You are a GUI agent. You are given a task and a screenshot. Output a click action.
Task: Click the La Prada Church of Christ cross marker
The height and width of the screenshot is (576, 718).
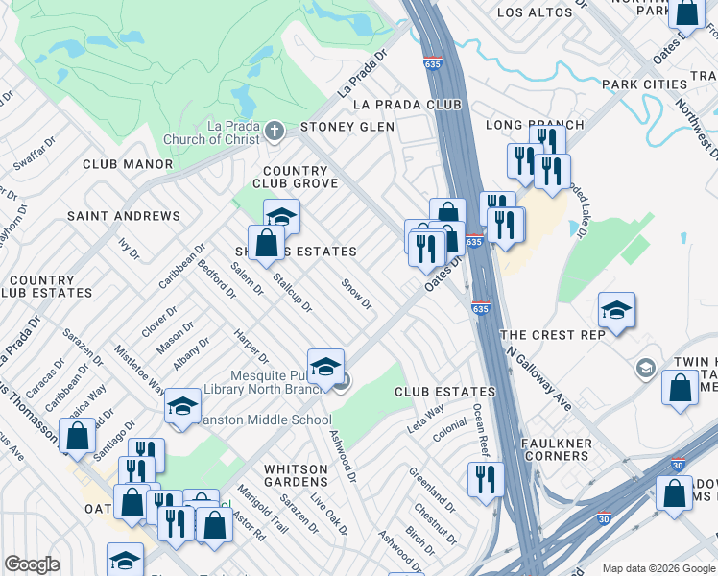[x=274, y=130]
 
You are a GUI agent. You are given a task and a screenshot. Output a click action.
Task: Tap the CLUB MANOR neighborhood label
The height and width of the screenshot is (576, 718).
[x=128, y=164]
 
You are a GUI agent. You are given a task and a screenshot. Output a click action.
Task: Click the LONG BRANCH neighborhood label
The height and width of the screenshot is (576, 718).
[x=535, y=126]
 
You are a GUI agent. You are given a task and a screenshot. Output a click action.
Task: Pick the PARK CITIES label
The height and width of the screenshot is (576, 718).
[x=645, y=84]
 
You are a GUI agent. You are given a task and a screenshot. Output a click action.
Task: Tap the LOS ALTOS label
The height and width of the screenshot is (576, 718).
[x=535, y=12]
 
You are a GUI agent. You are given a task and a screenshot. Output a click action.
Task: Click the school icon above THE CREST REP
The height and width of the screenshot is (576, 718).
[x=616, y=309]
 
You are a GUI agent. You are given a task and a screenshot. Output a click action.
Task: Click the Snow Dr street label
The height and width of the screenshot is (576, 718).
[x=356, y=295]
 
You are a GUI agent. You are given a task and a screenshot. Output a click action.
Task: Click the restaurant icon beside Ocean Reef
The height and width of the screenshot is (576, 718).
[x=486, y=477]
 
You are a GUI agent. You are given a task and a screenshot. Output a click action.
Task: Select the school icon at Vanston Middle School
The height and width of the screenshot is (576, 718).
[x=182, y=406]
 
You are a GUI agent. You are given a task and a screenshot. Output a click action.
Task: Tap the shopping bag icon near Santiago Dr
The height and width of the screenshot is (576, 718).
[x=77, y=436]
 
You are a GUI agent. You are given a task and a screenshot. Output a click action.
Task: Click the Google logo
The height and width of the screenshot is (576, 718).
[x=33, y=564]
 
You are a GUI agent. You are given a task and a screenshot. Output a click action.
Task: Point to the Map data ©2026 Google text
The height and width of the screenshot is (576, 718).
[x=658, y=568]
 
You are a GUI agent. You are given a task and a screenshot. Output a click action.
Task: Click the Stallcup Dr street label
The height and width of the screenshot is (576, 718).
[x=292, y=293]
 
